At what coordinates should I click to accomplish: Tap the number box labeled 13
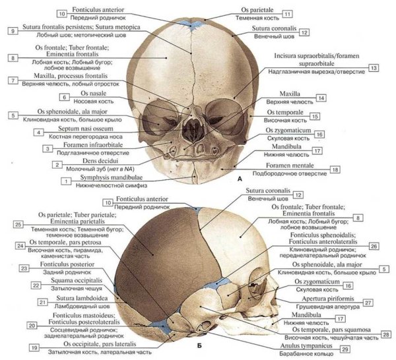point(373,68)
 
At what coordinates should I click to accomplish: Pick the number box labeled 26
point(374,245)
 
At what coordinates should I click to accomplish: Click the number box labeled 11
point(287,13)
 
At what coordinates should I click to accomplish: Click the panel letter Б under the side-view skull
point(198,344)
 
